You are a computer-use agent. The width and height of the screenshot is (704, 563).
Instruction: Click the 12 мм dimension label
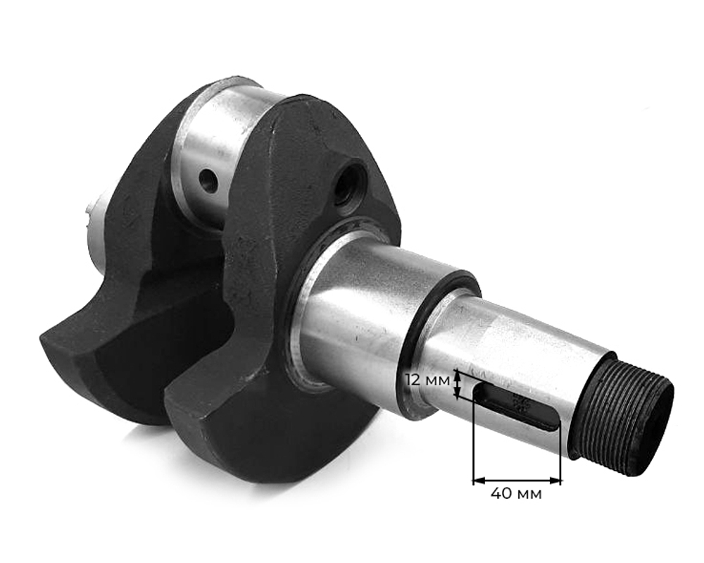pyautogui.click(x=427, y=380)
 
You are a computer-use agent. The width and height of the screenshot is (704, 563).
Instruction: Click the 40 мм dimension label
pyautogui.click(x=516, y=494)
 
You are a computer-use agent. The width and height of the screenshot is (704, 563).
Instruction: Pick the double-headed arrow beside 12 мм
pyautogui.click(x=457, y=385)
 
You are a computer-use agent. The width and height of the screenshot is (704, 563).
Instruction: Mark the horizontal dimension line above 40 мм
pyautogui.click(x=517, y=481)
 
